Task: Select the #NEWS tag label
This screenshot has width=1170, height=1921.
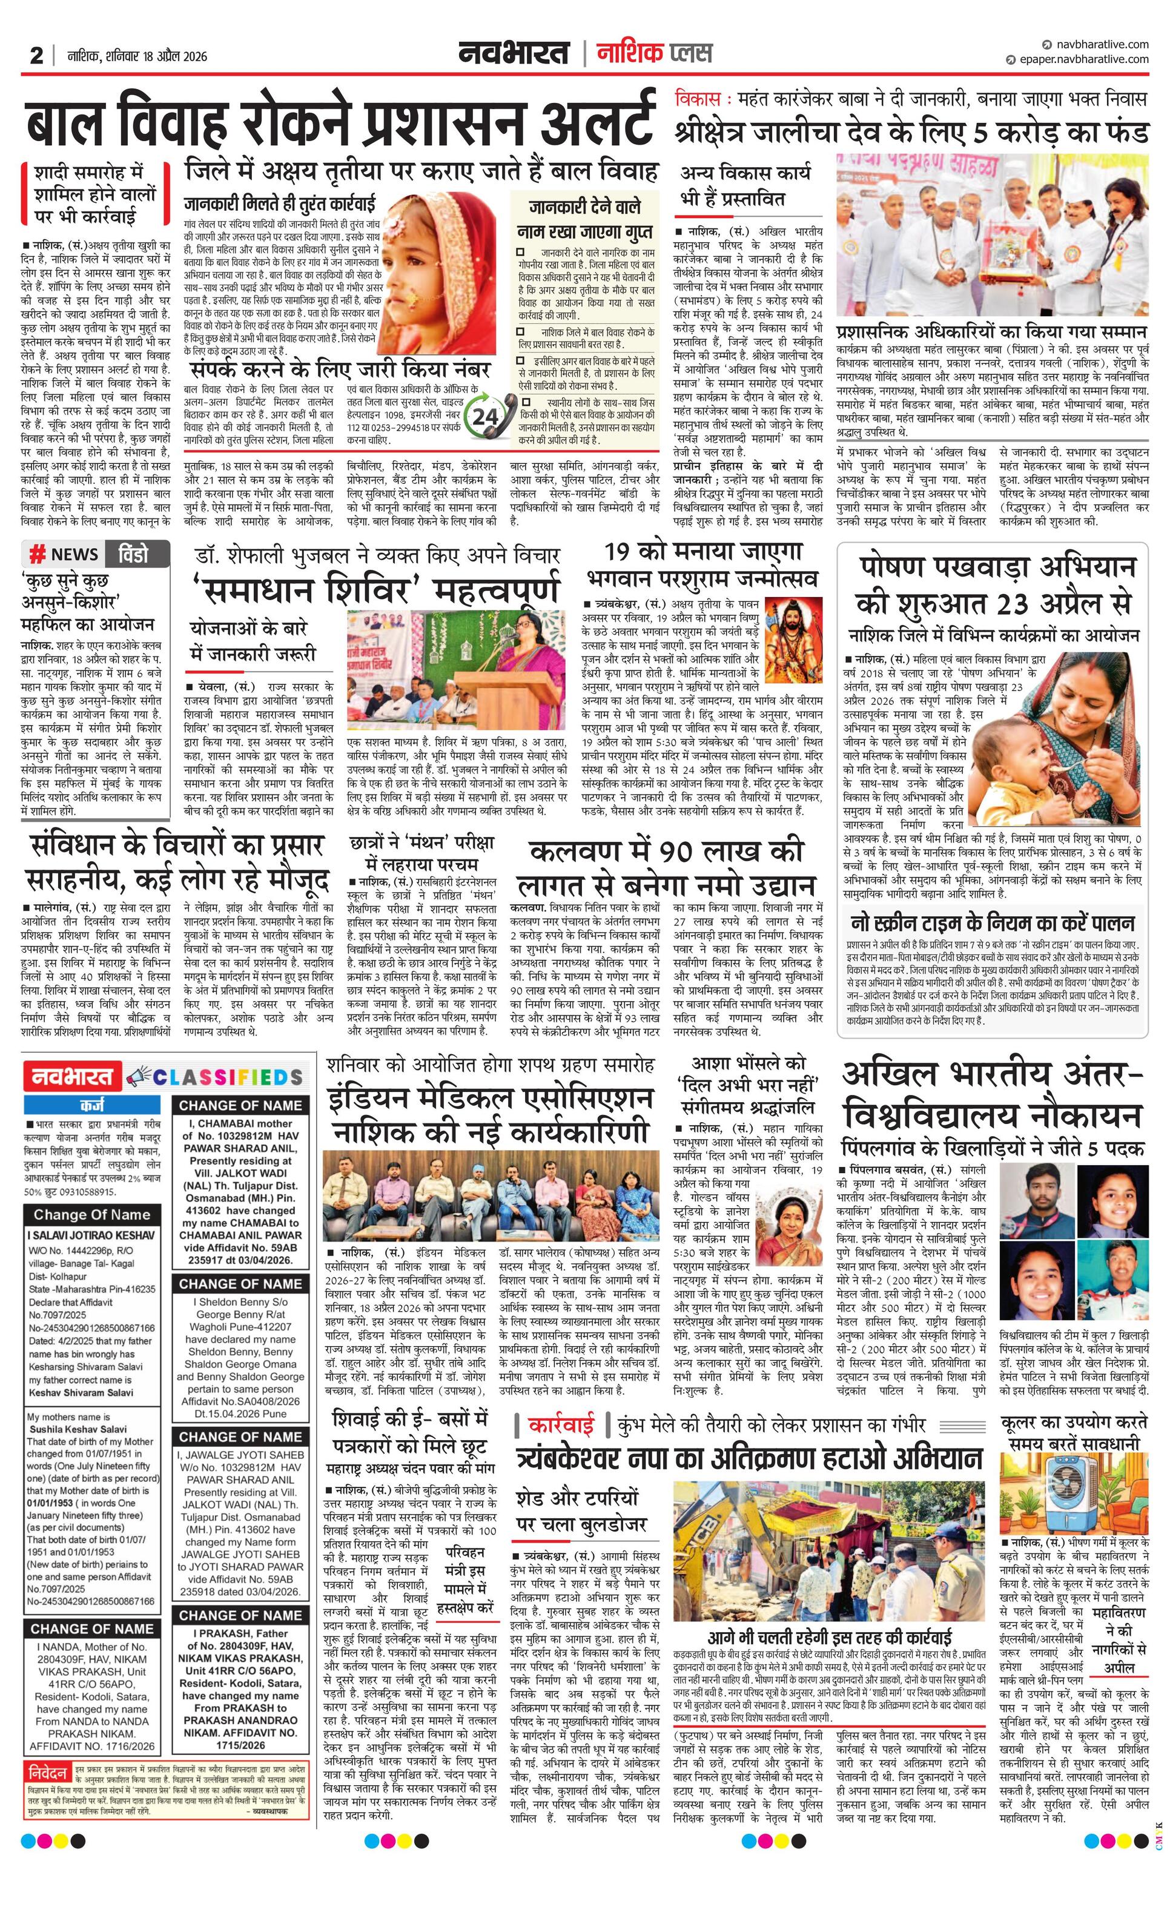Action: click(x=64, y=554)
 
